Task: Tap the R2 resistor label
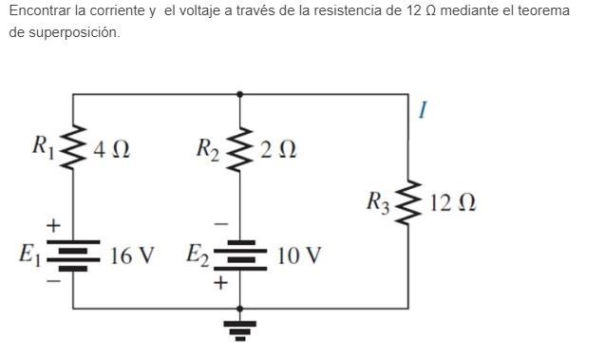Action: click(208, 149)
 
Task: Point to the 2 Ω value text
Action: click(277, 149)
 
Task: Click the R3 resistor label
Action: click(377, 202)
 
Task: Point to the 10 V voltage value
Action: click(299, 256)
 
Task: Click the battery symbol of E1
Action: click(74, 255)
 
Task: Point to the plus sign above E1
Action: click(54, 224)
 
